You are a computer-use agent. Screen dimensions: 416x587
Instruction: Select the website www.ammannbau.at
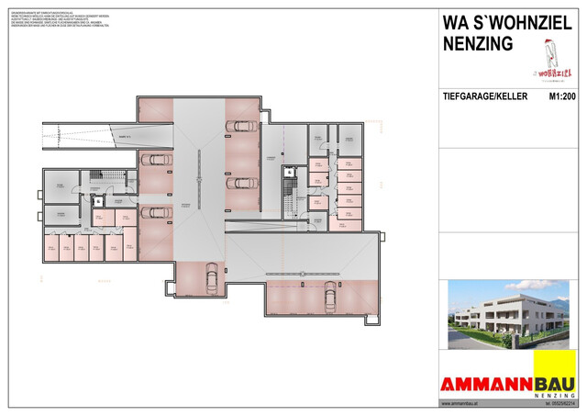click(464, 404)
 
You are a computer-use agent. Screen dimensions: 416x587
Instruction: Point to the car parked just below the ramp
click(158, 161)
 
